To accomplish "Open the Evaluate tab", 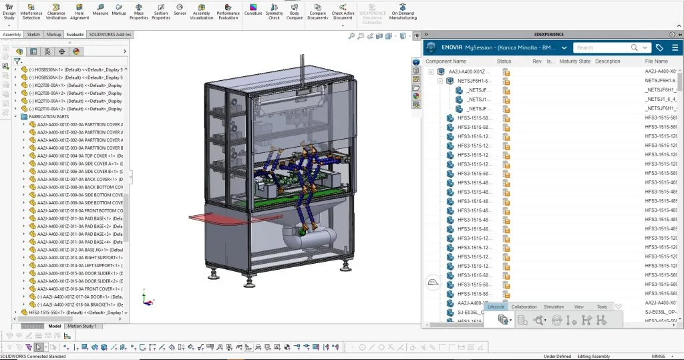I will point(75,34).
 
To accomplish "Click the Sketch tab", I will point(33,34).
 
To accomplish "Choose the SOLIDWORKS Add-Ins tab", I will point(110,34).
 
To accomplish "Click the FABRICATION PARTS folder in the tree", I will point(49,117).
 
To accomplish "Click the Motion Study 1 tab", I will point(82,326).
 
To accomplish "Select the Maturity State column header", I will point(574,61).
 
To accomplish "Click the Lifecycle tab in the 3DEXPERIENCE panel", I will point(496,307).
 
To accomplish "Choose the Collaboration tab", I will point(524,307).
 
